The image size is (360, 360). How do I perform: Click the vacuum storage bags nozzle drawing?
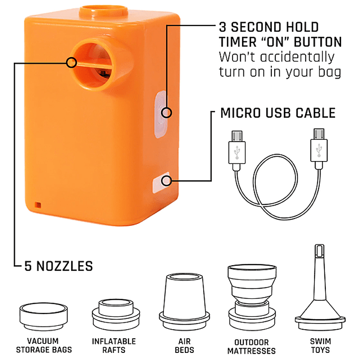44,316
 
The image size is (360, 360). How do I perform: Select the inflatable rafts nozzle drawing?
116,314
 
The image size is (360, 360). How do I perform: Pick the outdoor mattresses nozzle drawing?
252,297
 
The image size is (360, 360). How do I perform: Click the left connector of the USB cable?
237,150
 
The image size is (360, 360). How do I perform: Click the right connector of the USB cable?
319,149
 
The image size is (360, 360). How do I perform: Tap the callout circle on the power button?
166,113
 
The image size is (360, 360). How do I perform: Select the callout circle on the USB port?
166,181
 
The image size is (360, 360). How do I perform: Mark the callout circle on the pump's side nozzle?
72,63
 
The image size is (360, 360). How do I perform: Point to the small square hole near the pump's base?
38,205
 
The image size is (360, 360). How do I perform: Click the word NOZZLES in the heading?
64,266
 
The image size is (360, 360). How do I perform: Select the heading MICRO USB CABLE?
278,113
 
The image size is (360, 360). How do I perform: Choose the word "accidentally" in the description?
297,57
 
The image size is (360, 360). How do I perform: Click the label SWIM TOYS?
320,346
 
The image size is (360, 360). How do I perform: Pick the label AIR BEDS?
184,346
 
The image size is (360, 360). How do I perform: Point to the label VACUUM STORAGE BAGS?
44,345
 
